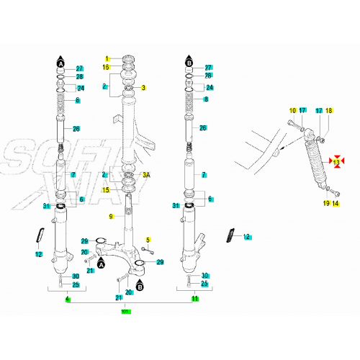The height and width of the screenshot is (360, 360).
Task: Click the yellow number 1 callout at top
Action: (107, 58)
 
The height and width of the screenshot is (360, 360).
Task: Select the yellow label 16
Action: (107, 67)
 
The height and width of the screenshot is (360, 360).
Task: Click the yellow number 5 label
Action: (148, 240)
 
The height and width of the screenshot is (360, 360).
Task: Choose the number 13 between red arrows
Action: (336, 162)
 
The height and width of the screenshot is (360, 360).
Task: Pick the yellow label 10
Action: (292, 110)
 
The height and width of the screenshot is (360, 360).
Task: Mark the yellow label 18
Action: (329, 110)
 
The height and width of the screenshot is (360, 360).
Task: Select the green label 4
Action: (67, 298)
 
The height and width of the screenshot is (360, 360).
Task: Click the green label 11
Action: (194, 298)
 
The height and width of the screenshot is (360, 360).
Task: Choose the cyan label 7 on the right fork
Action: (204, 175)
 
